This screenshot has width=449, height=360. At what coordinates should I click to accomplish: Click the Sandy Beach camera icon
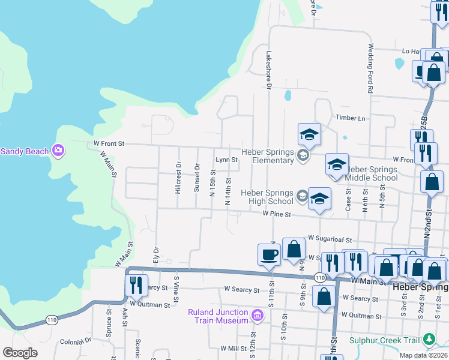(58, 150)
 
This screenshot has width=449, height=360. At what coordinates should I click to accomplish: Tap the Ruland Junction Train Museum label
(218, 316)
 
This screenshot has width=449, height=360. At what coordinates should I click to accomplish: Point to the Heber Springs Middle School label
(372, 173)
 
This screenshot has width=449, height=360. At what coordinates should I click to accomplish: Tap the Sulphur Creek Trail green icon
(429, 340)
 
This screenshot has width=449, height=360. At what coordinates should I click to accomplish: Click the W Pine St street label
(276, 214)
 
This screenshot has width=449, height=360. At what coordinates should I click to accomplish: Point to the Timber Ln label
(351, 118)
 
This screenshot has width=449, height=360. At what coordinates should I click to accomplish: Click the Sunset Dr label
(196, 177)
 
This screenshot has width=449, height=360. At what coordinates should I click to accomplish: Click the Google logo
(20, 353)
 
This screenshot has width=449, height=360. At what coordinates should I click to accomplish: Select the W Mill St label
(234, 348)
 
